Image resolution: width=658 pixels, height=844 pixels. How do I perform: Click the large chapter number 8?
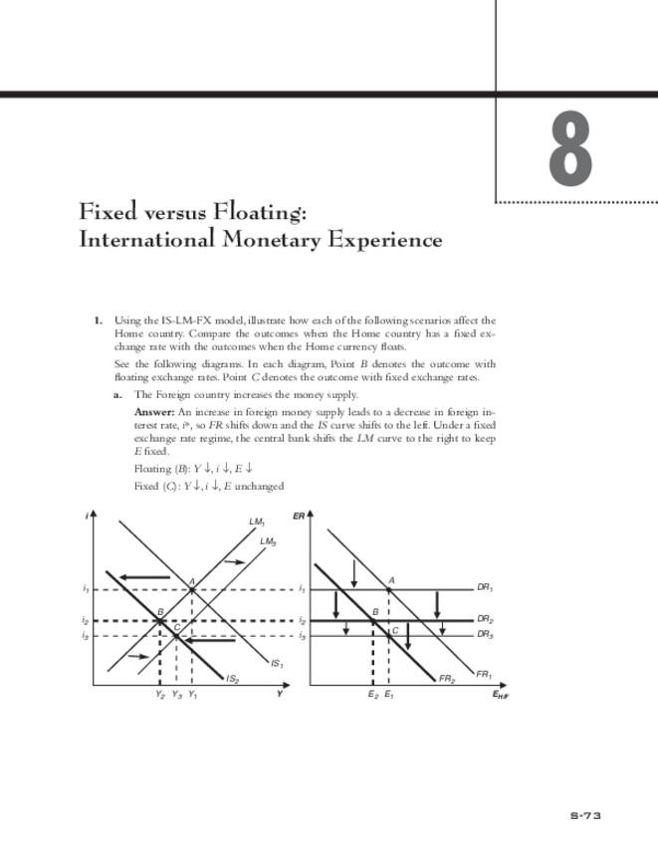tap(570, 149)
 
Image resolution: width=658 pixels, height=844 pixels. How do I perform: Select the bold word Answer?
tap(154, 411)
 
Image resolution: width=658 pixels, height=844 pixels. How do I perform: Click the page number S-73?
tap(585, 816)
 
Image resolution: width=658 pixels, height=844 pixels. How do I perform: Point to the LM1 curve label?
tap(257, 522)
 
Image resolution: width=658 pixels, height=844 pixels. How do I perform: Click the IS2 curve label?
tap(232, 679)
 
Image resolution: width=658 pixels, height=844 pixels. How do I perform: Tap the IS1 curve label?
tap(277, 664)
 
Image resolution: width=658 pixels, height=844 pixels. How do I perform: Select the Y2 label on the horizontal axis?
tap(160, 695)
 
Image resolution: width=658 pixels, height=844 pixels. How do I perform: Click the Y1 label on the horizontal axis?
tap(192, 695)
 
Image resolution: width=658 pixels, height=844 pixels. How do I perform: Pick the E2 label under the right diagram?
tap(372, 695)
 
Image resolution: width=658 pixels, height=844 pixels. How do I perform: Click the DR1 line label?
tap(486, 588)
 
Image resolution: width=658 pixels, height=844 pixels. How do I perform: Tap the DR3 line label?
tap(486, 634)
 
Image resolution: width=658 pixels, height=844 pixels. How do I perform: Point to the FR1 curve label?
tap(484, 674)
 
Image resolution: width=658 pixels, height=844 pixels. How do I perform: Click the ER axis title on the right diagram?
tap(299, 516)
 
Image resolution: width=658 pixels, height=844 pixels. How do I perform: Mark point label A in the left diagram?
tap(191, 581)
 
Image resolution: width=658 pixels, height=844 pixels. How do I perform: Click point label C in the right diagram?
tap(394, 630)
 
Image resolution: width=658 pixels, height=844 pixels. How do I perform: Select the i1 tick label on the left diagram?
tap(86, 588)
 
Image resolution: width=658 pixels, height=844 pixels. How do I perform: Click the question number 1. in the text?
tap(99, 320)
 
